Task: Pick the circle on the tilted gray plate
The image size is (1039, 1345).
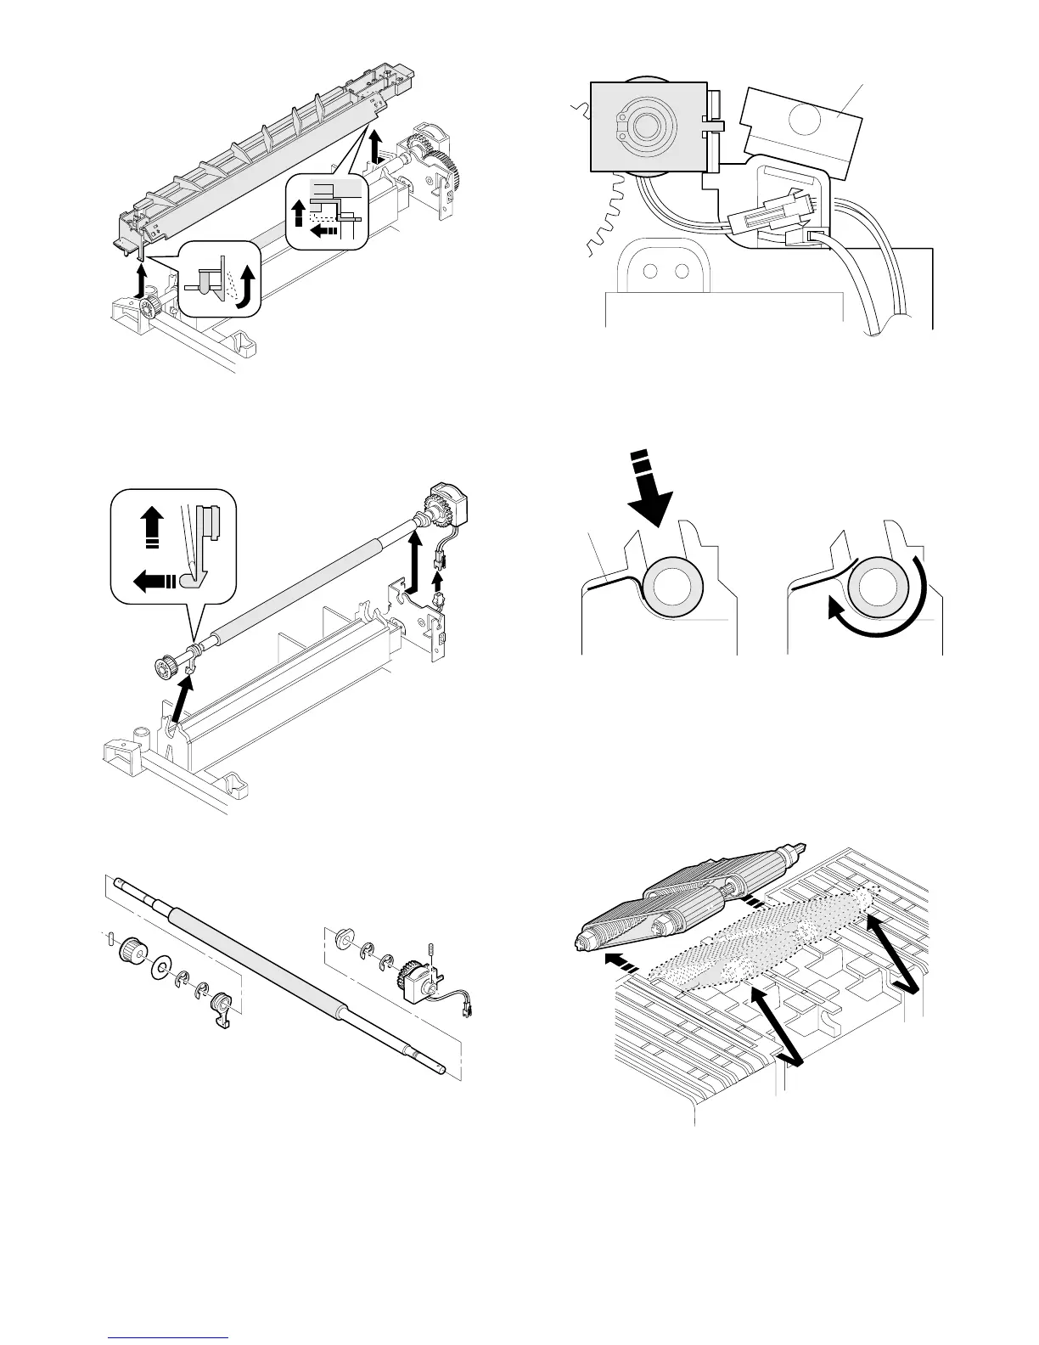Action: point(802,120)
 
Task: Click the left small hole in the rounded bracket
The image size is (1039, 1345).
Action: point(651,272)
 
